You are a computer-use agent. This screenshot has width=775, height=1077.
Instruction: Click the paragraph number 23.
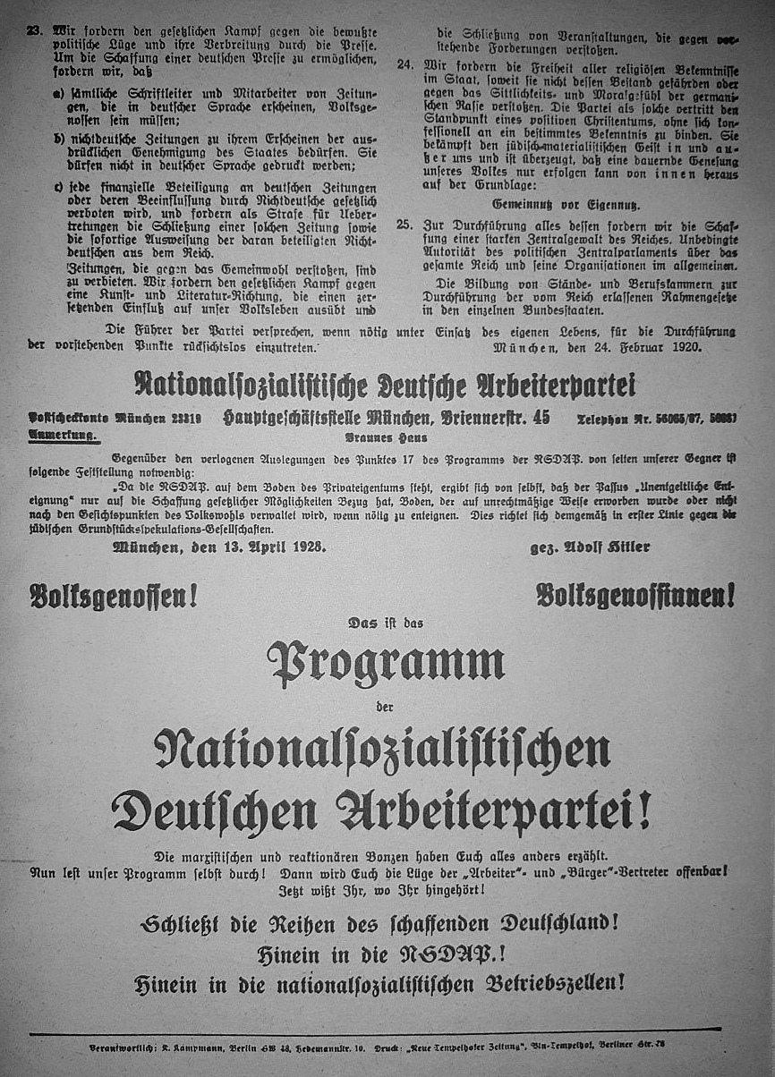[x=34, y=30]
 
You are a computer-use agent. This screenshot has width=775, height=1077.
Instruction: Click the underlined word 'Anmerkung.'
[x=65, y=434]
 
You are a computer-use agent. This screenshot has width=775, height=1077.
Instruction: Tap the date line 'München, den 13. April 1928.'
[x=218, y=546]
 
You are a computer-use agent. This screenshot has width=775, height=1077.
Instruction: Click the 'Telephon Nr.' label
[x=639, y=417]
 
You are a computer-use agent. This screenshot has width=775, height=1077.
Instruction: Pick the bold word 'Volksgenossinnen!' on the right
[x=635, y=593]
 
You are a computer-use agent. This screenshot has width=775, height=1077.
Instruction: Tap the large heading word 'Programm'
[x=386, y=662]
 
